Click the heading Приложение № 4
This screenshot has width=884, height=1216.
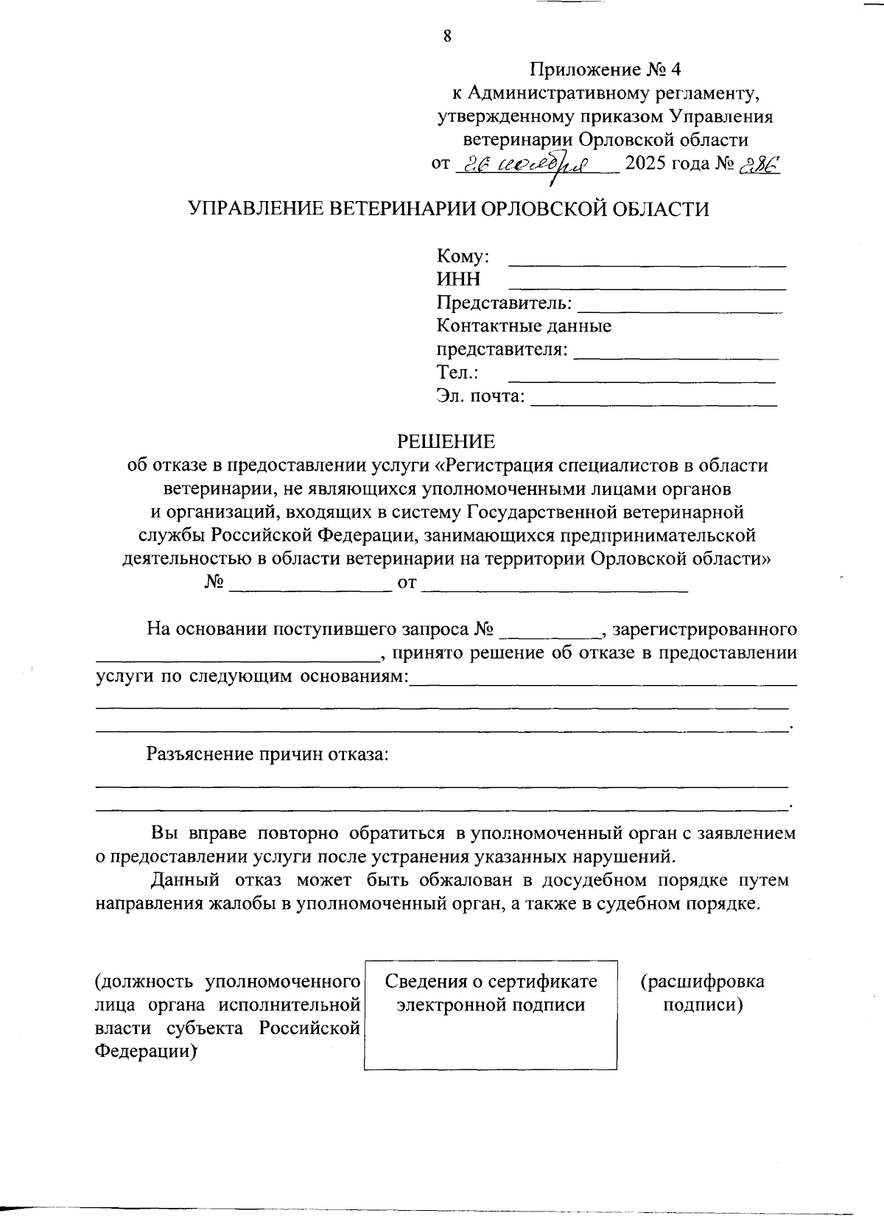pyautogui.click(x=606, y=70)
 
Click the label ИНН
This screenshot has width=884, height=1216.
pyautogui.click(x=458, y=280)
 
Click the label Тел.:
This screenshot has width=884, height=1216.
pyautogui.click(x=458, y=373)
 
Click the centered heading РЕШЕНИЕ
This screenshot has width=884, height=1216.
pyautogui.click(x=446, y=442)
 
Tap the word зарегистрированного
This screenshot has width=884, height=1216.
pyautogui.click(x=705, y=630)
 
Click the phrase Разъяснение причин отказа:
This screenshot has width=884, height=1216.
pyautogui.click(x=267, y=755)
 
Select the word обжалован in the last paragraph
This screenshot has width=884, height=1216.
pyautogui.click(x=466, y=880)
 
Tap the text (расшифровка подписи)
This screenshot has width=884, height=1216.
pyautogui.click(x=702, y=993)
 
